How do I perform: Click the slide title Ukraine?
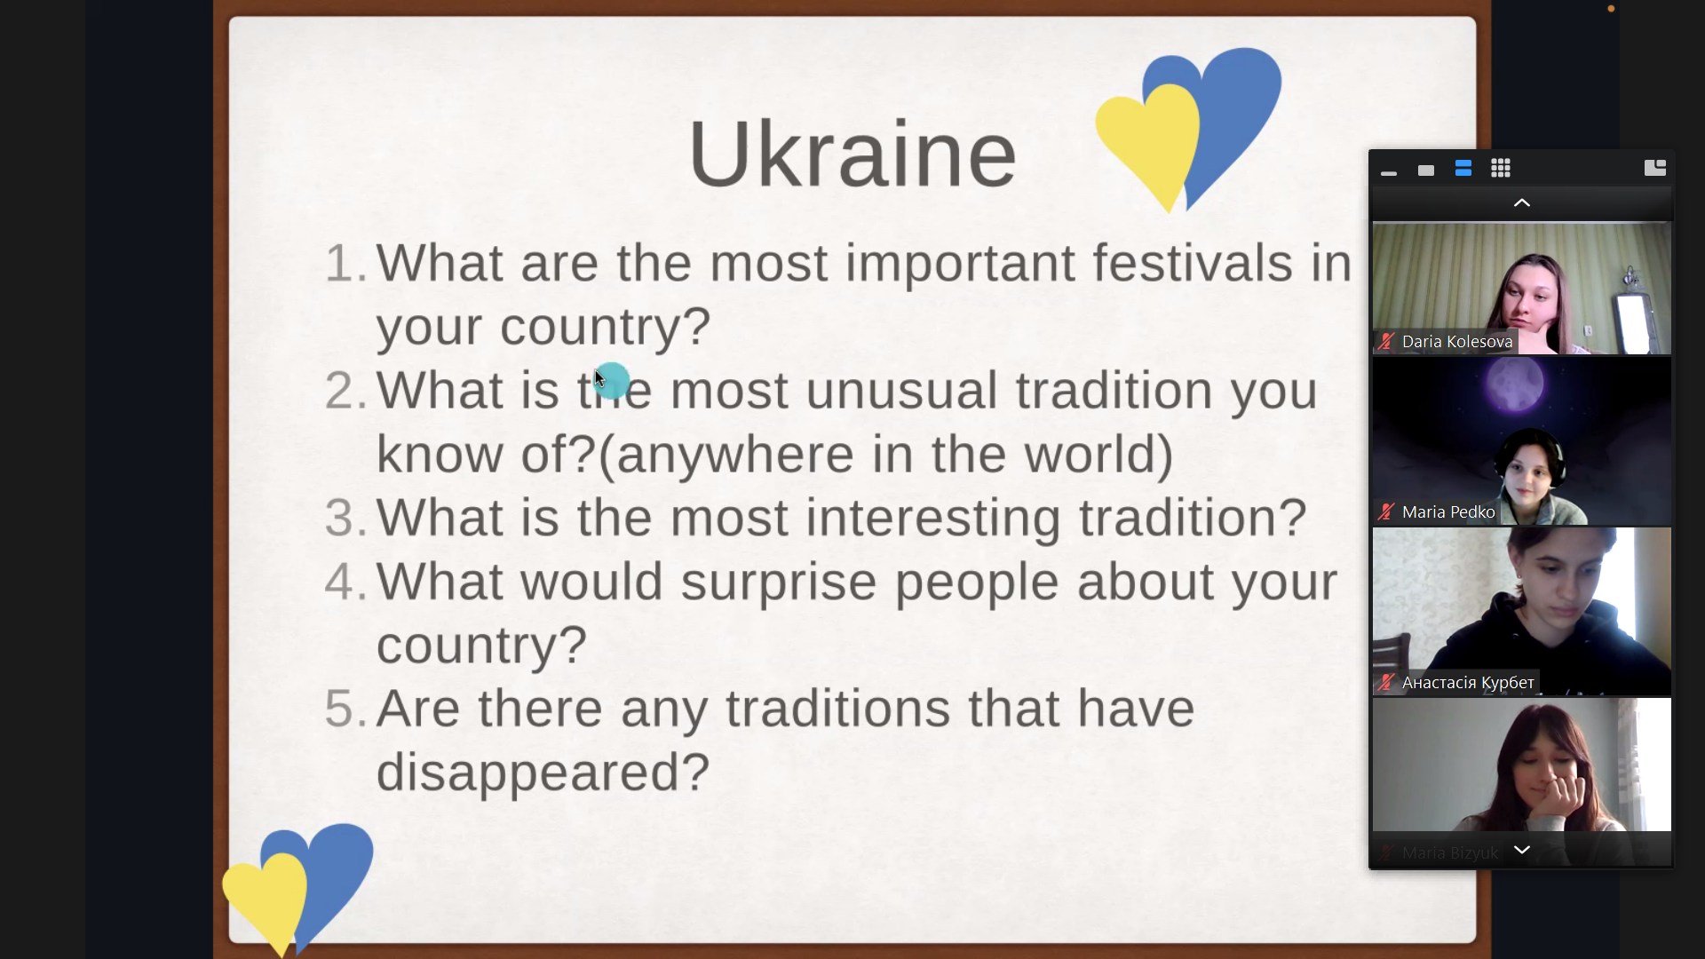852,154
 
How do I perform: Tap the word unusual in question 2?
900,391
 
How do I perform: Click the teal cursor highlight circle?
612,380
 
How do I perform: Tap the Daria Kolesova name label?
1456,342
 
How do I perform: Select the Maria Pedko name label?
1448,512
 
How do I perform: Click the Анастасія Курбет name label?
1468,683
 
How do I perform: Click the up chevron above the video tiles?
1522,202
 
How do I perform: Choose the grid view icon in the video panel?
1501,168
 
